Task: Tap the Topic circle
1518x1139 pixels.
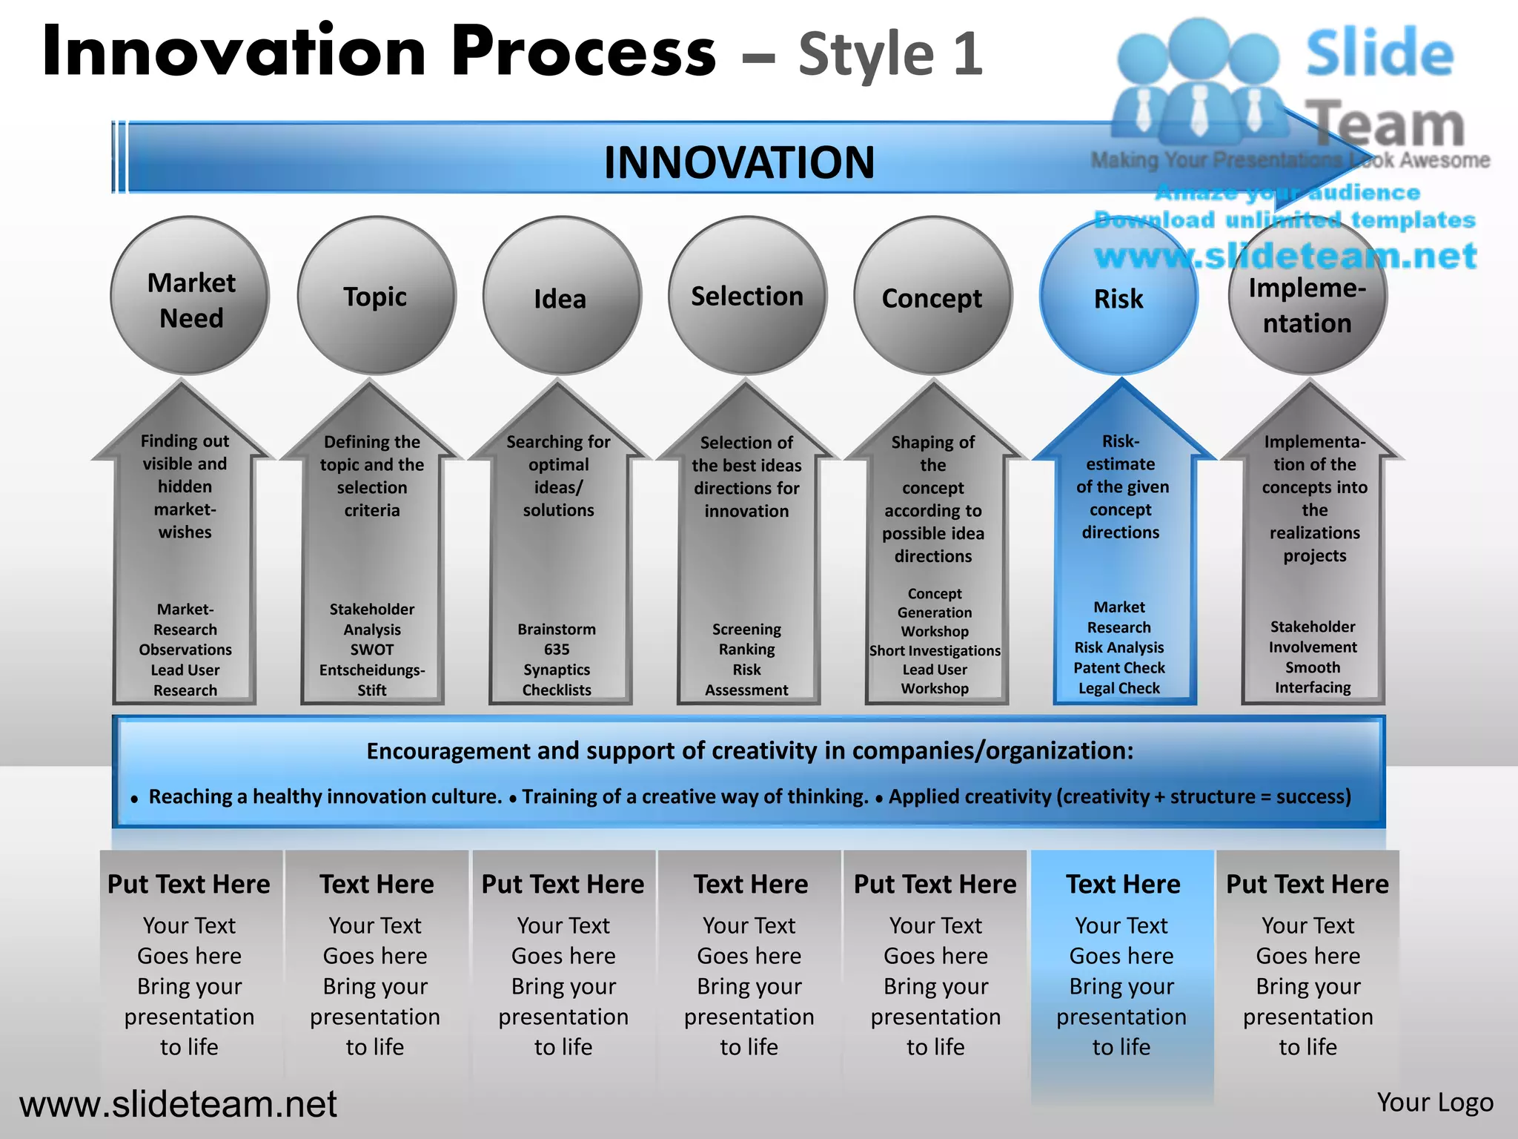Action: point(376,297)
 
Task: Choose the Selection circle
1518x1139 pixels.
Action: point(747,296)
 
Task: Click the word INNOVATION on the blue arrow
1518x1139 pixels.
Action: point(739,162)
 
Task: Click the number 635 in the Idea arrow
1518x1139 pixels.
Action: point(557,650)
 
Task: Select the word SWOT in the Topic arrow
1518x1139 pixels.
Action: point(372,650)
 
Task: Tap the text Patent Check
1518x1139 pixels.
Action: point(1119,668)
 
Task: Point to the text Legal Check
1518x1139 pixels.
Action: point(1119,688)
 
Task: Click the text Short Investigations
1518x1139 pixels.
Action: point(935,650)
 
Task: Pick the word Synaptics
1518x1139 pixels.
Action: point(557,670)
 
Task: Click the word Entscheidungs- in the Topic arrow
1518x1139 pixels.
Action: point(372,670)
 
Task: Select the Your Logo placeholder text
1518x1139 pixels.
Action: point(1435,1103)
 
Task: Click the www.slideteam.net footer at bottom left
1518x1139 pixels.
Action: point(178,1104)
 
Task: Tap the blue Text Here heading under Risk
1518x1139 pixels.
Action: point(1123,884)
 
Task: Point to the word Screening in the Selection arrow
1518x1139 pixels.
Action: point(746,630)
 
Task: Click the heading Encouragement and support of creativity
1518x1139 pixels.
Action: point(749,751)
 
